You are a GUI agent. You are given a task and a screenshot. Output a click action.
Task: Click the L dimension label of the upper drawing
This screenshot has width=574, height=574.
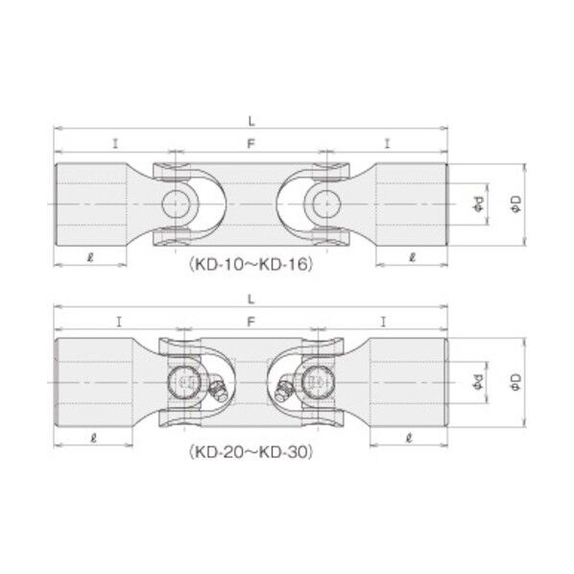pyautogui.click(x=250, y=121)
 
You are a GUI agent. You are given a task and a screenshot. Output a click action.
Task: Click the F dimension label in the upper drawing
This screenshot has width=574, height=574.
pyautogui.click(x=250, y=144)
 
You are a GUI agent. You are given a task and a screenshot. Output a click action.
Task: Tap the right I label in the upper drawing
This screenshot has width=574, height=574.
pyautogui.click(x=387, y=144)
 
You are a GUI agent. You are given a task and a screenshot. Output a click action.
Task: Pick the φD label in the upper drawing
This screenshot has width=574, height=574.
pyautogui.click(x=514, y=203)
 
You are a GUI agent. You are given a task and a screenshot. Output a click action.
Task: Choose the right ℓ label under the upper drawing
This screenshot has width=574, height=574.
pyautogui.click(x=412, y=256)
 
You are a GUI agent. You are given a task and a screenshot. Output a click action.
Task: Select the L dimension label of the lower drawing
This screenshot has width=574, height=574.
pyautogui.click(x=250, y=299)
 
